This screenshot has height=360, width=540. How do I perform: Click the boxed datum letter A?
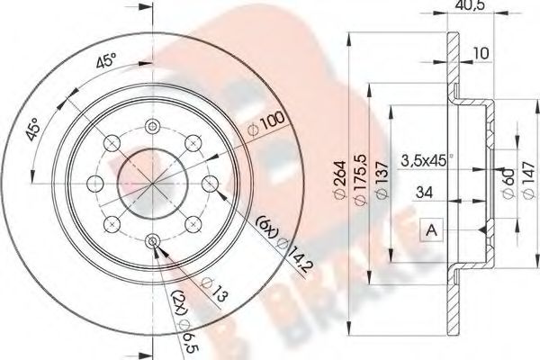pos(430,230)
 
